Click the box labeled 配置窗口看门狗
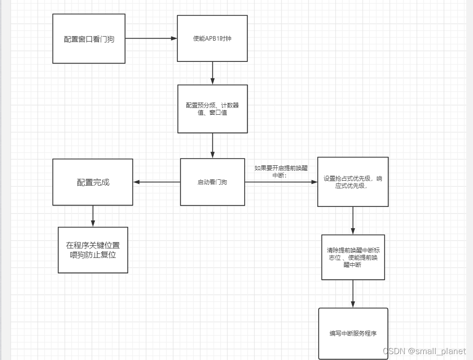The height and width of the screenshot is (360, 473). [89, 39]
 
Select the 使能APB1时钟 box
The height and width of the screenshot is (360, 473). [212, 38]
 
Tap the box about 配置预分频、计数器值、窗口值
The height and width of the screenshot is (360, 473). [213, 109]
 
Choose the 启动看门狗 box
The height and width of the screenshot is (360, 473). [213, 182]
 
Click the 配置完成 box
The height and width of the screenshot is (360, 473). [93, 182]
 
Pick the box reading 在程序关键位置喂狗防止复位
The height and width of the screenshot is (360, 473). [93, 250]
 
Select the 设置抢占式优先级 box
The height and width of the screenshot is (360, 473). [353, 182]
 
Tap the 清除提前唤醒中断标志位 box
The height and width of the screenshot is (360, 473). [353, 257]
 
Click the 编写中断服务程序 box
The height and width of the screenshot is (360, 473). [353, 333]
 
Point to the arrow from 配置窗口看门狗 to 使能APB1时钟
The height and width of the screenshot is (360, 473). [151, 38]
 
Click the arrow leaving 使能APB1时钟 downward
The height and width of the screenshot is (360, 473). [213, 73]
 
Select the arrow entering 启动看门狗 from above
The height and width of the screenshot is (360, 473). [213, 145]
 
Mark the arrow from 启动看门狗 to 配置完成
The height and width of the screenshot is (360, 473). [157, 182]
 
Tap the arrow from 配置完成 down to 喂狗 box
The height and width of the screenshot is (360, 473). [93, 216]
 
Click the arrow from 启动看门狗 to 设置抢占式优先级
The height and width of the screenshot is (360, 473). [281, 182]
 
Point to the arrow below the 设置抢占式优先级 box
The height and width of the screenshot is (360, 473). [353, 220]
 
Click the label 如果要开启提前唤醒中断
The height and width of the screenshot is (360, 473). [281, 171]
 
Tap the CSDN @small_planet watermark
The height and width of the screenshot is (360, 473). [424, 351]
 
